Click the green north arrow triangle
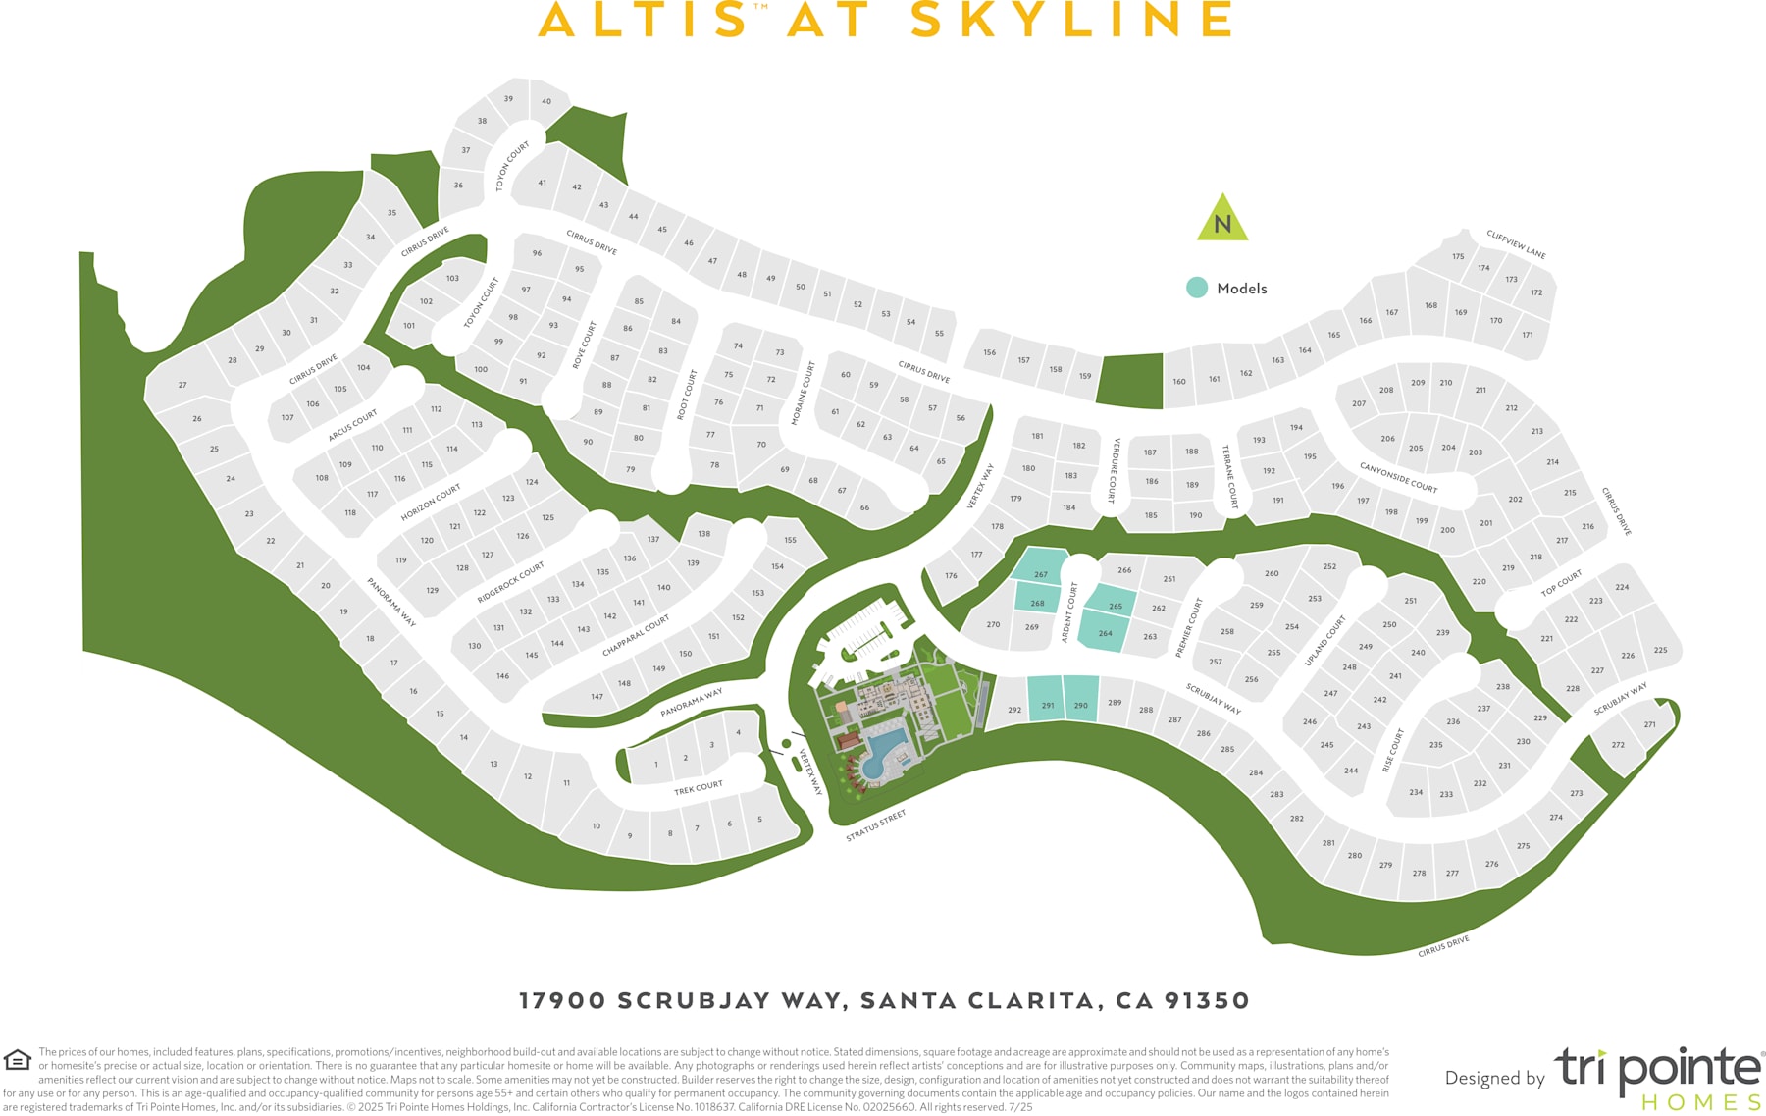click(x=1222, y=220)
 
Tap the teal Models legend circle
click(x=1196, y=288)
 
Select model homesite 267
click(x=1040, y=569)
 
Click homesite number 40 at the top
click(x=546, y=101)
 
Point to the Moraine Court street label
click(x=804, y=394)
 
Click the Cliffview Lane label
click(x=1516, y=244)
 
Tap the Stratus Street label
click(x=876, y=825)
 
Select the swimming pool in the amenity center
click(x=885, y=751)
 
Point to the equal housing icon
click(x=18, y=1060)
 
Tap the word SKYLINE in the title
click(x=1071, y=20)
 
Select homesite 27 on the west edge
click(x=182, y=385)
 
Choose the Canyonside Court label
click(x=1398, y=477)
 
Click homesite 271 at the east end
click(x=1649, y=724)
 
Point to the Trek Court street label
click(x=699, y=787)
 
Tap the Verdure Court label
click(x=1115, y=471)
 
